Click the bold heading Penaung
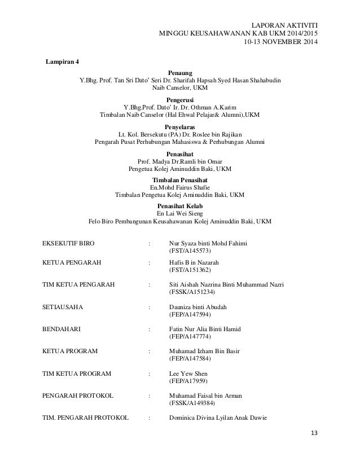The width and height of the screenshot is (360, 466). pos(180,73)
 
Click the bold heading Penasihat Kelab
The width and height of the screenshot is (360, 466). pos(180,206)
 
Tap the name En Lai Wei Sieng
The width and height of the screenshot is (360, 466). pos(180,214)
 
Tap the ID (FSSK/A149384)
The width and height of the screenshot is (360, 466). pos(192,403)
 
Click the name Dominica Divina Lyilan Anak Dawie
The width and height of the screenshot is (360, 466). pos(221,417)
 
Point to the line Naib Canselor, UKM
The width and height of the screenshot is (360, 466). pos(180,88)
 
